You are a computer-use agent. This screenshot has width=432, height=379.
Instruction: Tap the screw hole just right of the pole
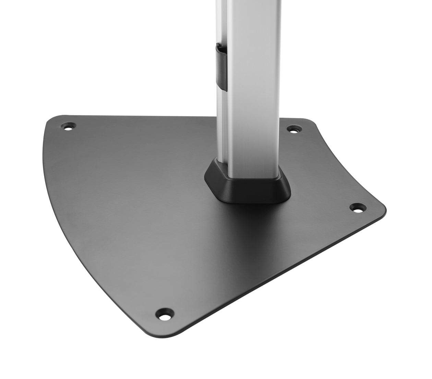[293, 130]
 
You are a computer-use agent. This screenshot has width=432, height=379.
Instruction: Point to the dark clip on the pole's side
[221, 67]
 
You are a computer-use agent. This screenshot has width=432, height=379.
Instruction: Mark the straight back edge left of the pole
[137, 116]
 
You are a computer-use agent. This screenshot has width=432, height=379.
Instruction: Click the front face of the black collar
[261, 190]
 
